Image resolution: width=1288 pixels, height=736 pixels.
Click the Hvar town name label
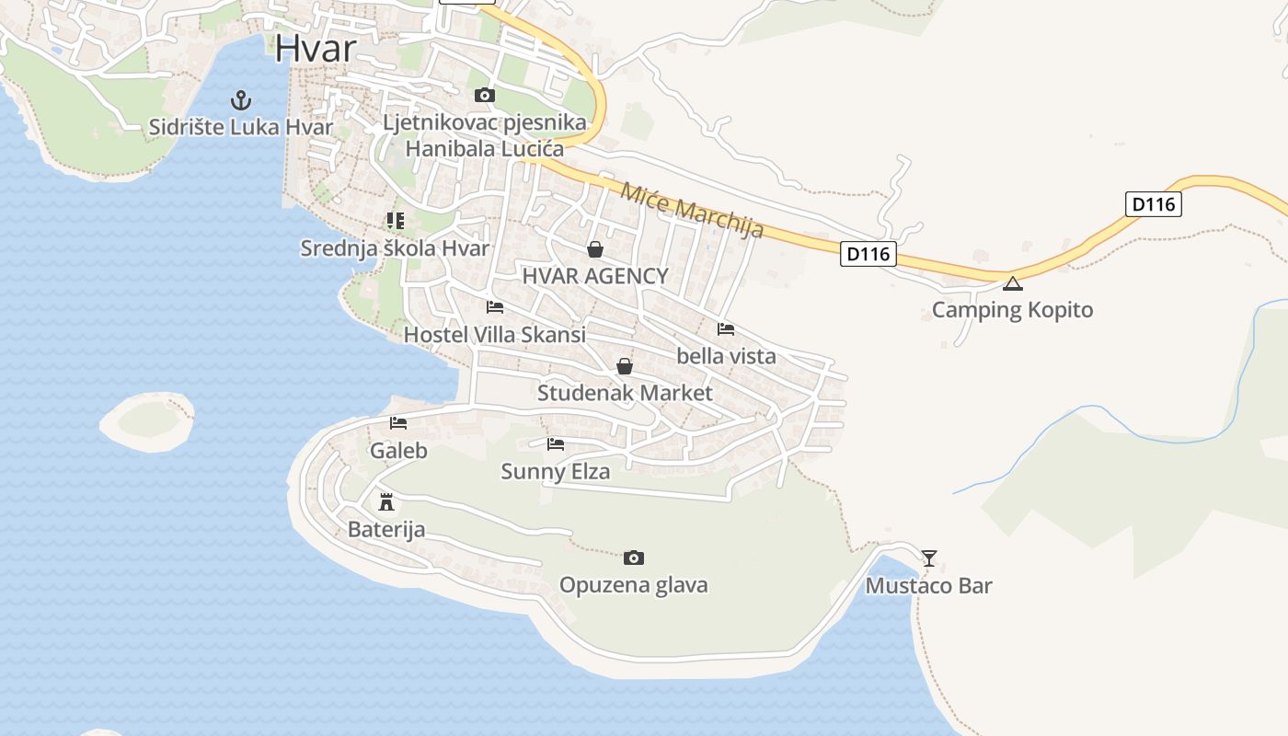[316, 48]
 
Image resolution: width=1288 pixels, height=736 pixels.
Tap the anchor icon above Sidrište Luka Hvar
[241, 99]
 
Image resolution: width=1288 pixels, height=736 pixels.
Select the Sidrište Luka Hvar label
[241, 127]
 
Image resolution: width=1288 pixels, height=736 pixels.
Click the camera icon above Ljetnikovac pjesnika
[484, 95]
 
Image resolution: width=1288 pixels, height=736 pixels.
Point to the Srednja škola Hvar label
[394, 248]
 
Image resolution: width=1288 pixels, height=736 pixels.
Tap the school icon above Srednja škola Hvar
[395, 221]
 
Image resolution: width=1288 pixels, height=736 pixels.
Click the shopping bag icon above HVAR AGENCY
[595, 249]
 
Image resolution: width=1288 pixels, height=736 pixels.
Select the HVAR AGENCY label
[595, 276]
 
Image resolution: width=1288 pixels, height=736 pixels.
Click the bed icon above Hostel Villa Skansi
[495, 307]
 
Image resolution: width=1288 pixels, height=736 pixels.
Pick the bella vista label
[726, 356]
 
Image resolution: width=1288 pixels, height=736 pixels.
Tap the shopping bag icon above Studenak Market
[625, 366]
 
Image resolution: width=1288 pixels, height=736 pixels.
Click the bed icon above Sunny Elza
[556, 444]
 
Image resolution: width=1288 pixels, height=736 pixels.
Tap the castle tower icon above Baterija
[386, 502]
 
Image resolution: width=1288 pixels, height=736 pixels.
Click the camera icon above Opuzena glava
[633, 558]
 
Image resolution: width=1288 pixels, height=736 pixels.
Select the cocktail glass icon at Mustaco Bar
[929, 558]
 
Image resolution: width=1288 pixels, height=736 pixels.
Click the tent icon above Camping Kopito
[1013, 283]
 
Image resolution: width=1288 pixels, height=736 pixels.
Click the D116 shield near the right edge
[1153, 203]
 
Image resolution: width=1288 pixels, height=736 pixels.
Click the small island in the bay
[147, 421]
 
